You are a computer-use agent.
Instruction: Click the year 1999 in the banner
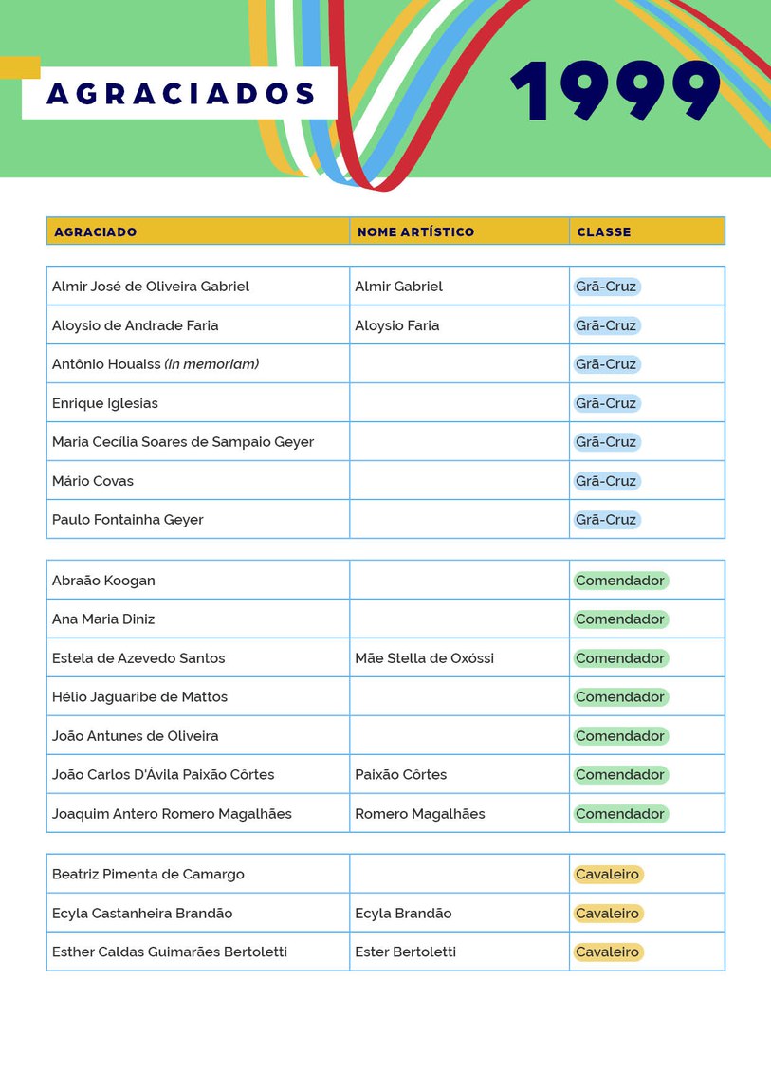615,91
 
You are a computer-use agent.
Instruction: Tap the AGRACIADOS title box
180,94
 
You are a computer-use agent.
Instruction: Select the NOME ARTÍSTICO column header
415,231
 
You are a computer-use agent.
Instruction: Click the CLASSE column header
603,231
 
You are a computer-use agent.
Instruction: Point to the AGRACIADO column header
95,231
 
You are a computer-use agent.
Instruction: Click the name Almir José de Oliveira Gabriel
151,287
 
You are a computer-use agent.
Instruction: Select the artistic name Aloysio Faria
396,325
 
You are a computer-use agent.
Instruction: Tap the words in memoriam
211,364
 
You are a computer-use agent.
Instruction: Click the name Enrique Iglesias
105,403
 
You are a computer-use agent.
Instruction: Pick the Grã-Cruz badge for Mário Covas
606,481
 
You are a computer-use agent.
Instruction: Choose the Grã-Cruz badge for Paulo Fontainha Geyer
606,520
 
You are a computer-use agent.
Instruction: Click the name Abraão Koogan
103,581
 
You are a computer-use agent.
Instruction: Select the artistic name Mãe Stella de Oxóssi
424,658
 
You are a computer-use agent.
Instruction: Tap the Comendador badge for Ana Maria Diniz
620,619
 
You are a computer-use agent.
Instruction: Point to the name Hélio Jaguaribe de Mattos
139,697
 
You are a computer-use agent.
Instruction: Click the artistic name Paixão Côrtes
400,775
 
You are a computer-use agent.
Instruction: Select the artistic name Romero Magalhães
419,814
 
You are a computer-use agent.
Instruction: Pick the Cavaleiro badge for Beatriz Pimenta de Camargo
607,875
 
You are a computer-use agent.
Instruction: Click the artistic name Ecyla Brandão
403,914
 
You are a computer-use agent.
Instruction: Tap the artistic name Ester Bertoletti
405,952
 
